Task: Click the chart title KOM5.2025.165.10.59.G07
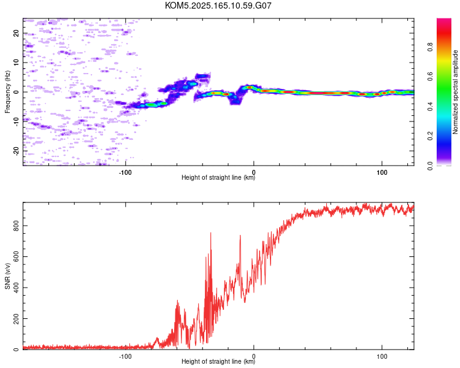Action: point(218,6)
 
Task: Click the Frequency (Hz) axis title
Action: point(7,92)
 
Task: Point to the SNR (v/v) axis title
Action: point(7,276)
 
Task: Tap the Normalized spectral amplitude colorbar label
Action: point(455,92)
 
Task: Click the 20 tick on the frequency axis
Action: point(16,33)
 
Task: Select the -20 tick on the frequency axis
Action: point(16,151)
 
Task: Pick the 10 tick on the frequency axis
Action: point(16,63)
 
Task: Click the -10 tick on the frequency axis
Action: point(16,121)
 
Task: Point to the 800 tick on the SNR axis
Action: point(16,225)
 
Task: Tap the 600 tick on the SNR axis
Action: point(16,256)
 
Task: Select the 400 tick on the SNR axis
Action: point(16,288)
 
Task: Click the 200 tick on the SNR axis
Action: point(16,318)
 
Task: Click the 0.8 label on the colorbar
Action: point(430,47)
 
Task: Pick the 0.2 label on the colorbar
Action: point(430,136)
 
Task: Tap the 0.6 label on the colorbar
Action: point(430,77)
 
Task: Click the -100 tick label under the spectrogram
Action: point(125,172)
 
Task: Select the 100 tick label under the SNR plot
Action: point(382,356)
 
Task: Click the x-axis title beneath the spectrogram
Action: point(218,177)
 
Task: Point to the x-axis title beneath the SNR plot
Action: point(218,361)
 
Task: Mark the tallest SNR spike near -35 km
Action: point(210,233)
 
